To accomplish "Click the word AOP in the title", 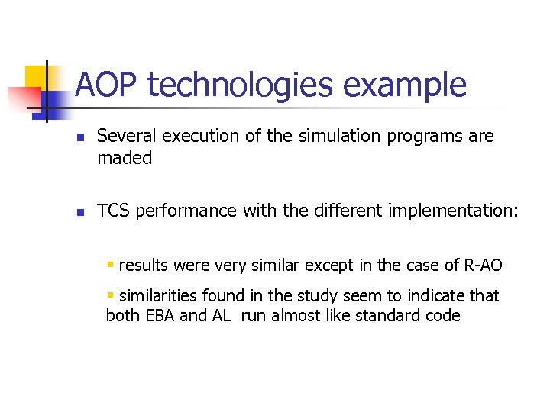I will coord(108,85).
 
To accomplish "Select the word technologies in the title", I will coord(240,85).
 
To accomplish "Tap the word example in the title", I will coord(404,85).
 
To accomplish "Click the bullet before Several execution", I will coord(79,138).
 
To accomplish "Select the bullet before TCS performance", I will coord(79,212).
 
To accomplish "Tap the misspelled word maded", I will coord(125,158).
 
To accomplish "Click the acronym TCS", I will coord(113,211).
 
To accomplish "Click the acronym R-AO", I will coord(483,265).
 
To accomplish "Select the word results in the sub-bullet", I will coord(144,265).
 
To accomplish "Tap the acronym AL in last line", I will coord(220,315).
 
